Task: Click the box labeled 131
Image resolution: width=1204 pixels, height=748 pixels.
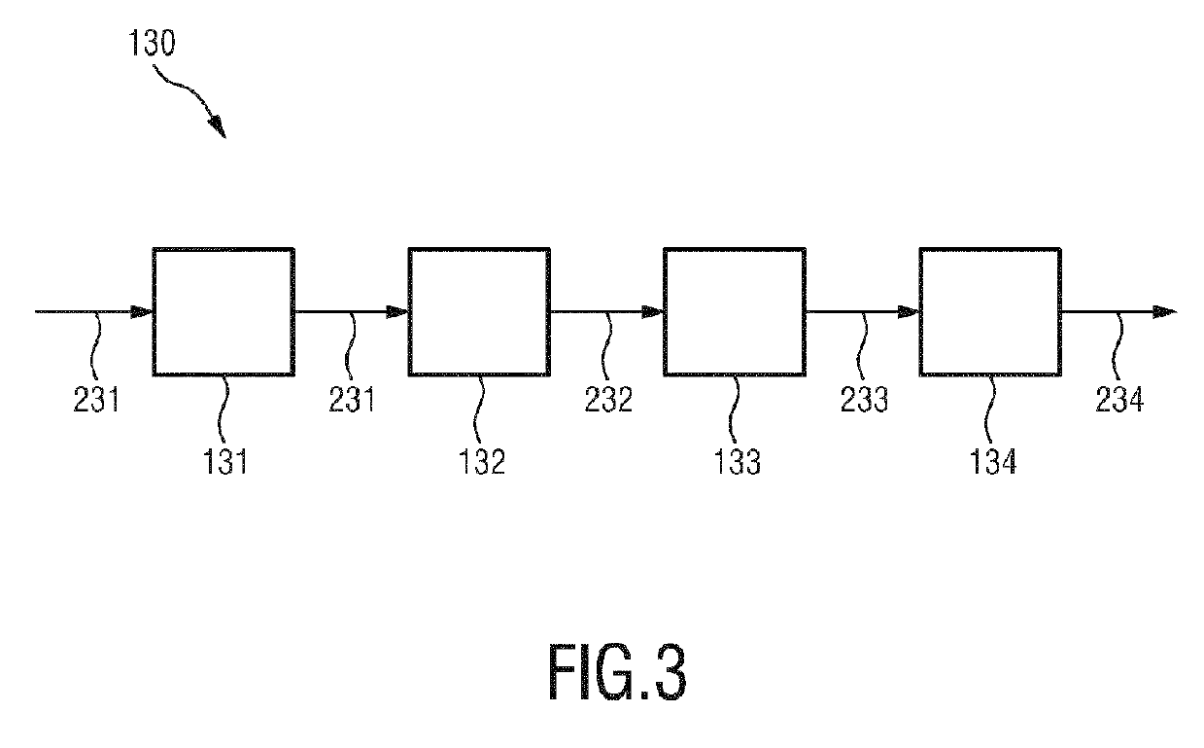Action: pos(224,311)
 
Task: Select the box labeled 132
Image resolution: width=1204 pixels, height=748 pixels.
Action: pos(479,311)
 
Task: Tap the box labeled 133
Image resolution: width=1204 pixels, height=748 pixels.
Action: pos(735,311)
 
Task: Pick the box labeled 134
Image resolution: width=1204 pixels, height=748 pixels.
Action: pos(990,311)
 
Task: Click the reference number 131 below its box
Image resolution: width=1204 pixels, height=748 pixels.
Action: pos(226,459)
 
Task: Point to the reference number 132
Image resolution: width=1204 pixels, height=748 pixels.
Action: pos(483,459)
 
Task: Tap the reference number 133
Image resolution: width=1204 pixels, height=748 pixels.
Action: pos(738,459)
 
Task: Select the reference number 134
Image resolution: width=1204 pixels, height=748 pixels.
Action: pos(993,459)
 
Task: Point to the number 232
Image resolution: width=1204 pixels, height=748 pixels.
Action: pos(609,399)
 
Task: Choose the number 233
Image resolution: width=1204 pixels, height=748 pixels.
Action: pos(864,399)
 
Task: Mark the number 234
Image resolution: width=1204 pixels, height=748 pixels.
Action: pos(1119,399)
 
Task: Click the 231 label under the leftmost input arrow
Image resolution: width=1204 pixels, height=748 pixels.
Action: pos(97,399)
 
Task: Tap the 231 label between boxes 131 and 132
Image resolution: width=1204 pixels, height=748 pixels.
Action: pos(352,399)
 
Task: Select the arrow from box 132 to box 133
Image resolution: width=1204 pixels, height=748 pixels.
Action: pos(606,312)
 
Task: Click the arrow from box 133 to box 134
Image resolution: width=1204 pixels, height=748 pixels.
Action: pos(862,312)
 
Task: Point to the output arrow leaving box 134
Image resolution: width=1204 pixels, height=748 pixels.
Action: pos(1118,312)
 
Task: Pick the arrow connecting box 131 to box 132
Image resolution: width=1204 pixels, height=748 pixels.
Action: pos(351,312)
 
